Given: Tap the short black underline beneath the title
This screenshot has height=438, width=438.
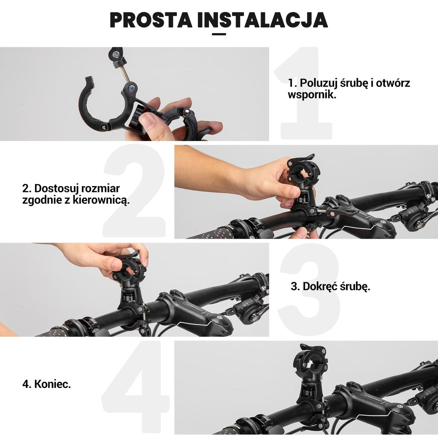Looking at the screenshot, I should click(x=219, y=34).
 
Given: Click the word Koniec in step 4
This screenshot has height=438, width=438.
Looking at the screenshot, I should click(x=52, y=384).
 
